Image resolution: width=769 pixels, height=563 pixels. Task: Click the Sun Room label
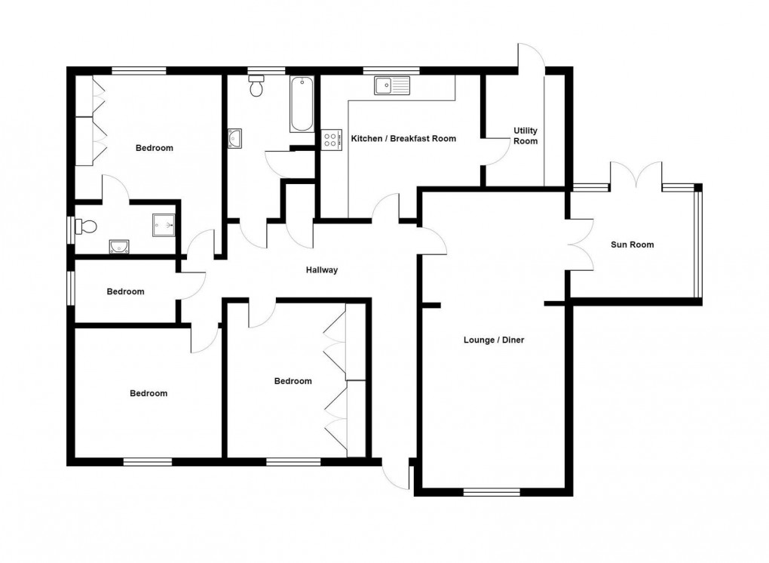pyautogui.click(x=632, y=245)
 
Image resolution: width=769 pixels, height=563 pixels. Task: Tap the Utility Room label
pyautogui.click(x=525, y=136)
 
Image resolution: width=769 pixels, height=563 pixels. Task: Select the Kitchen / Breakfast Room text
pyautogui.click(x=404, y=139)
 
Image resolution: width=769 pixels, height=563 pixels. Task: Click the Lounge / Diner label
pyautogui.click(x=493, y=340)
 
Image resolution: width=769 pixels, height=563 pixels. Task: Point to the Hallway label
pyautogui.click(x=322, y=270)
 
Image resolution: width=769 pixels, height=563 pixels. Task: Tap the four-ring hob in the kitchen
pyautogui.click(x=331, y=139)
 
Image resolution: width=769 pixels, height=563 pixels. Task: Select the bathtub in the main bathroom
pyautogui.click(x=302, y=105)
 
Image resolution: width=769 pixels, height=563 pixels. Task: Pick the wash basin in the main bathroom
pyautogui.click(x=234, y=137)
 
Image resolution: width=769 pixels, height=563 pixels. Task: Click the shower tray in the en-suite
pyautogui.click(x=164, y=223)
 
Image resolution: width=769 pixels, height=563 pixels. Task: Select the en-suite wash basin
pyautogui.click(x=118, y=245)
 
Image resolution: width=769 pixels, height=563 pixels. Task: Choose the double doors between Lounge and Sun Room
pyautogui.click(x=582, y=245)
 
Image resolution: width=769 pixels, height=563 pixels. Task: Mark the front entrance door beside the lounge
pyautogui.click(x=395, y=473)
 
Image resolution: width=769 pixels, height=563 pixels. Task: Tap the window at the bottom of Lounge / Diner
pyautogui.click(x=492, y=492)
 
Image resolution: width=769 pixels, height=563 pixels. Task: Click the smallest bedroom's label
pyautogui.click(x=125, y=292)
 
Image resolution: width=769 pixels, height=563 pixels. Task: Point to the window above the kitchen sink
pyautogui.click(x=385, y=71)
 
